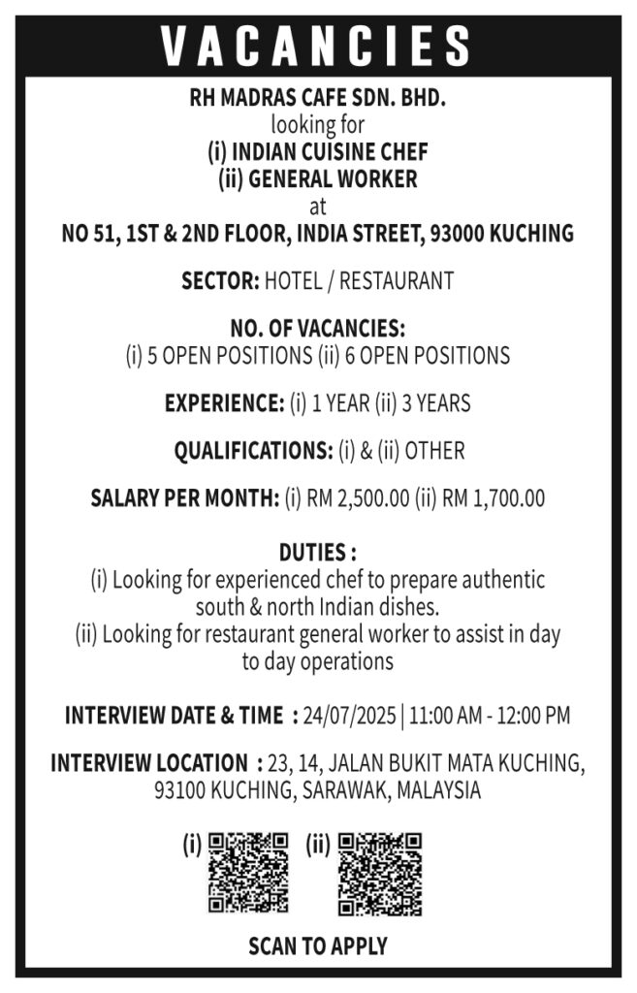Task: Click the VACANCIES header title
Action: coord(317,46)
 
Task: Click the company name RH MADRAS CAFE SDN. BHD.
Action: coord(317,99)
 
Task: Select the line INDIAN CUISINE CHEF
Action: coord(317,152)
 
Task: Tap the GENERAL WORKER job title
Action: coord(317,179)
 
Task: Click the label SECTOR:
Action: coord(220,282)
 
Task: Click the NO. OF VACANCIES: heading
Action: coord(317,328)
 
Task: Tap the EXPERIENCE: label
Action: coord(224,403)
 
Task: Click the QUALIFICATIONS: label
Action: coord(253,451)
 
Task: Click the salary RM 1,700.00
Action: coord(493,499)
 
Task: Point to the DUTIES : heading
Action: coord(317,554)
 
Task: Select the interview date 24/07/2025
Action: coord(351,717)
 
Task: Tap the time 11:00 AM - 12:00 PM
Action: coord(490,717)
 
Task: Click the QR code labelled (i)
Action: coord(248,873)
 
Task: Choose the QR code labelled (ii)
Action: coord(379,873)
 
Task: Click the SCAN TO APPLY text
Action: coord(317,945)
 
